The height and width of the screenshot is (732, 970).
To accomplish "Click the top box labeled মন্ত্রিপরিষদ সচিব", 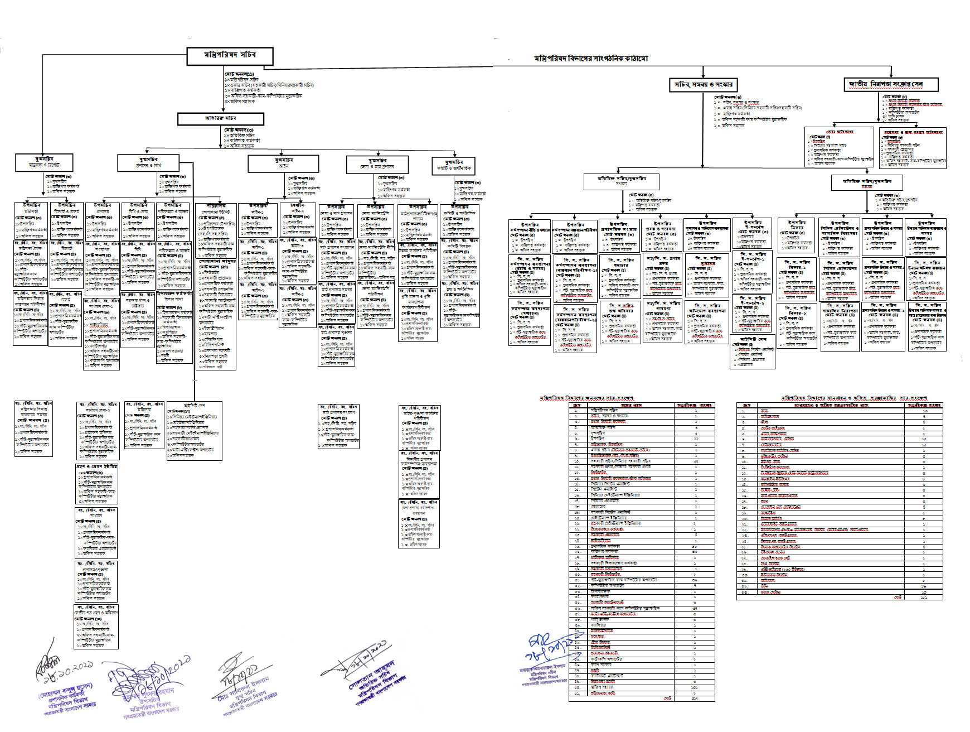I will point(230,56).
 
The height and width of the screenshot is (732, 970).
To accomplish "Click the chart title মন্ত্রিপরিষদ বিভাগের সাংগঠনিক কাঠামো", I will point(591,59).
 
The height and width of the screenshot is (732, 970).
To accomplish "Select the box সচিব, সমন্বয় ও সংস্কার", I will point(704,85).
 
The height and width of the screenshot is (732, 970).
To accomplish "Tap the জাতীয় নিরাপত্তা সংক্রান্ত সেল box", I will point(890,84).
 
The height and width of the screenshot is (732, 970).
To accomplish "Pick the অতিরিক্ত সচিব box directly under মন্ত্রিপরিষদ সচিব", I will point(220,119).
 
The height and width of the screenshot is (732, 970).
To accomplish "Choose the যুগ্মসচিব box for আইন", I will point(283,163).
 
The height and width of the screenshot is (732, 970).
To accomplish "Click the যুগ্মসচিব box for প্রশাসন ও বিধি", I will point(148,162).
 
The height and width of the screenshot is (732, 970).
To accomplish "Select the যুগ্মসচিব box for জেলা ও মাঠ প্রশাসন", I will point(377,164).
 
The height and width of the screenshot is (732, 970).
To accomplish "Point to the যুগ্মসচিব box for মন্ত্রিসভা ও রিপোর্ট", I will point(44,162).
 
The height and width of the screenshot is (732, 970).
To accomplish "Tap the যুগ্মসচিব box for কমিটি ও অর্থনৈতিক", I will point(454,165).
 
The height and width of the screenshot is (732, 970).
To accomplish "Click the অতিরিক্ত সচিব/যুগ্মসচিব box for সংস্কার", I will point(622,181).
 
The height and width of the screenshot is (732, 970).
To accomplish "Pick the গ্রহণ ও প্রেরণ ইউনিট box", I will point(97,466).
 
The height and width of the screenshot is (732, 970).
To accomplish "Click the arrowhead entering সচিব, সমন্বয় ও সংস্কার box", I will point(704,76).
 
